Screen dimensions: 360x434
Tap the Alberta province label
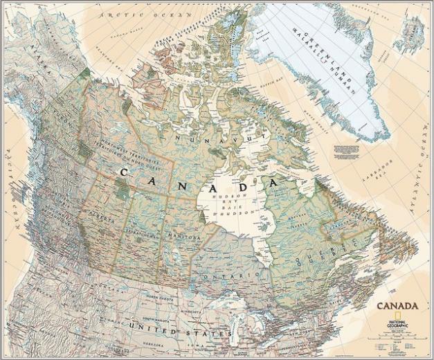[104, 214]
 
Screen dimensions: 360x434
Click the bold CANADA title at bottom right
[397, 305]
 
